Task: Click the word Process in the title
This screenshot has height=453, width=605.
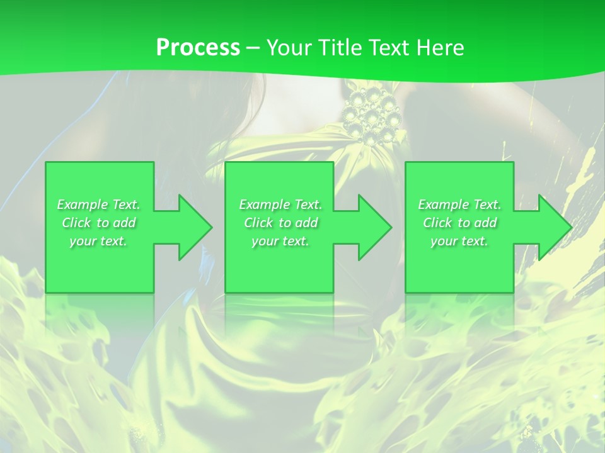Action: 198,47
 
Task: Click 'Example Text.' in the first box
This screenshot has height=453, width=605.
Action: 99,204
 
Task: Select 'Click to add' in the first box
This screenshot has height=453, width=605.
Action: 99,223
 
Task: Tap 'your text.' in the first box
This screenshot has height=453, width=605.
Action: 99,241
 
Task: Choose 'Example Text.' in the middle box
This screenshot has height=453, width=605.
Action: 280,204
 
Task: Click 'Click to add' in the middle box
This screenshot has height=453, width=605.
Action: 280,223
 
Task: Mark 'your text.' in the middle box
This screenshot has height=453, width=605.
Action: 280,241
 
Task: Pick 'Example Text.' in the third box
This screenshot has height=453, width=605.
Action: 459,204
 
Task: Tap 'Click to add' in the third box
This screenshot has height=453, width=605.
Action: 459,223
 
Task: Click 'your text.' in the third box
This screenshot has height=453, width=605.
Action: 459,241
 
